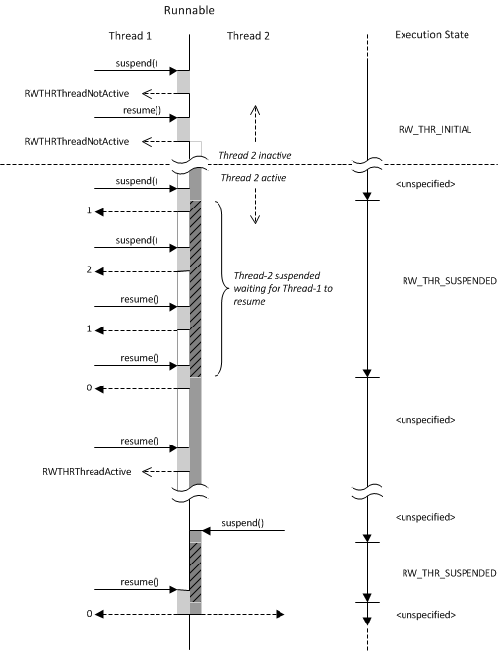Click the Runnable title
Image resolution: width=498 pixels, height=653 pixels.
pos(189,10)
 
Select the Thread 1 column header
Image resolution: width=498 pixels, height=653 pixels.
pos(130,36)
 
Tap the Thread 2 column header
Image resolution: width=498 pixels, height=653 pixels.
pos(248,36)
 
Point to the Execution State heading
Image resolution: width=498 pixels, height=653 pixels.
pos(432,35)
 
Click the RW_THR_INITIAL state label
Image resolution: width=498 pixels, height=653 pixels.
pos(435,130)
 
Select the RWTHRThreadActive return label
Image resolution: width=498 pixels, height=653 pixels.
pos(87,471)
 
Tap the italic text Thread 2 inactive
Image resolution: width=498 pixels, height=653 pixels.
pos(255,155)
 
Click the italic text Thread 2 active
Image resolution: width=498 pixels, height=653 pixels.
pos(254,178)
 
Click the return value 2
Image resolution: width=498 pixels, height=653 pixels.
pos(89,269)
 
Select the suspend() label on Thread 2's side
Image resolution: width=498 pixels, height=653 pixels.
pos(242,523)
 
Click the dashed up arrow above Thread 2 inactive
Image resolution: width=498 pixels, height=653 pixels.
pos(255,124)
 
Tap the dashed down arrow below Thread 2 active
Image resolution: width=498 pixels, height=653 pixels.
pos(255,206)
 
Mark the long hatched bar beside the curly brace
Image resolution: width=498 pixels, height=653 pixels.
pos(195,288)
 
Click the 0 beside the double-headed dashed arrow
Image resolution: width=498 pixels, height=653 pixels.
pos(89,614)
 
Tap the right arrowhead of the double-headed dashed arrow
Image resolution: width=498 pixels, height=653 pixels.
pos(280,614)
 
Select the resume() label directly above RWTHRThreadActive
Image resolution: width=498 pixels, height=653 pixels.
pos(140,441)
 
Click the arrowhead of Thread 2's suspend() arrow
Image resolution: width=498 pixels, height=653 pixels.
pos(206,531)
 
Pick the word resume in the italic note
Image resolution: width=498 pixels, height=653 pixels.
pos(249,302)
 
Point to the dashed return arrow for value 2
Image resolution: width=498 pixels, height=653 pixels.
pos(143,271)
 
